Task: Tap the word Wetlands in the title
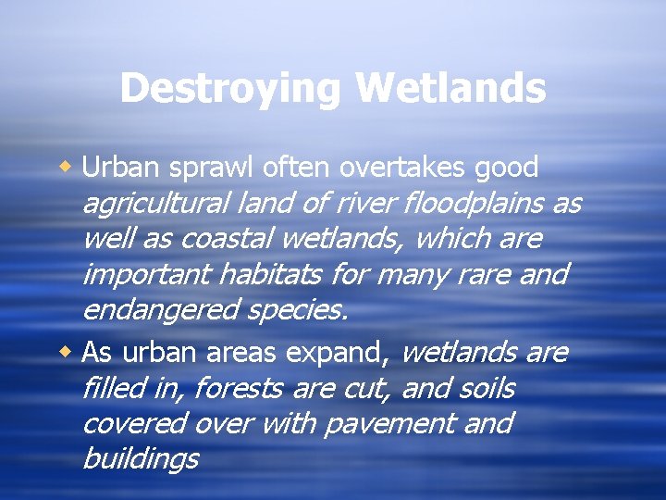(x=450, y=89)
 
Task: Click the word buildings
(x=140, y=458)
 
